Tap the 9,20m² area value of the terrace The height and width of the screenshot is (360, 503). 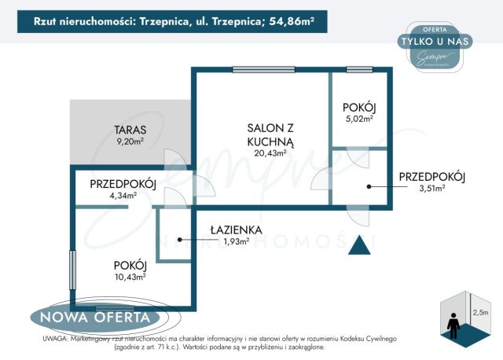pos(130,142)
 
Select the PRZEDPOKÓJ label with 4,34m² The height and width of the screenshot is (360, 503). pos(123,184)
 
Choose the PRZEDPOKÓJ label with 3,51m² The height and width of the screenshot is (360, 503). pos(431,177)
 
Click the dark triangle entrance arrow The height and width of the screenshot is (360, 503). pos(361,244)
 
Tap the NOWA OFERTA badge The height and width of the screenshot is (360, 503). pos(91,318)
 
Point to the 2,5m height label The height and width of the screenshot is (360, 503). pos(479,312)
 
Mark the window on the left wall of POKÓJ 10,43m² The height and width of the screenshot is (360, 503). pos(73,270)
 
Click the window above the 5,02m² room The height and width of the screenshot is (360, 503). pos(359,69)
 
